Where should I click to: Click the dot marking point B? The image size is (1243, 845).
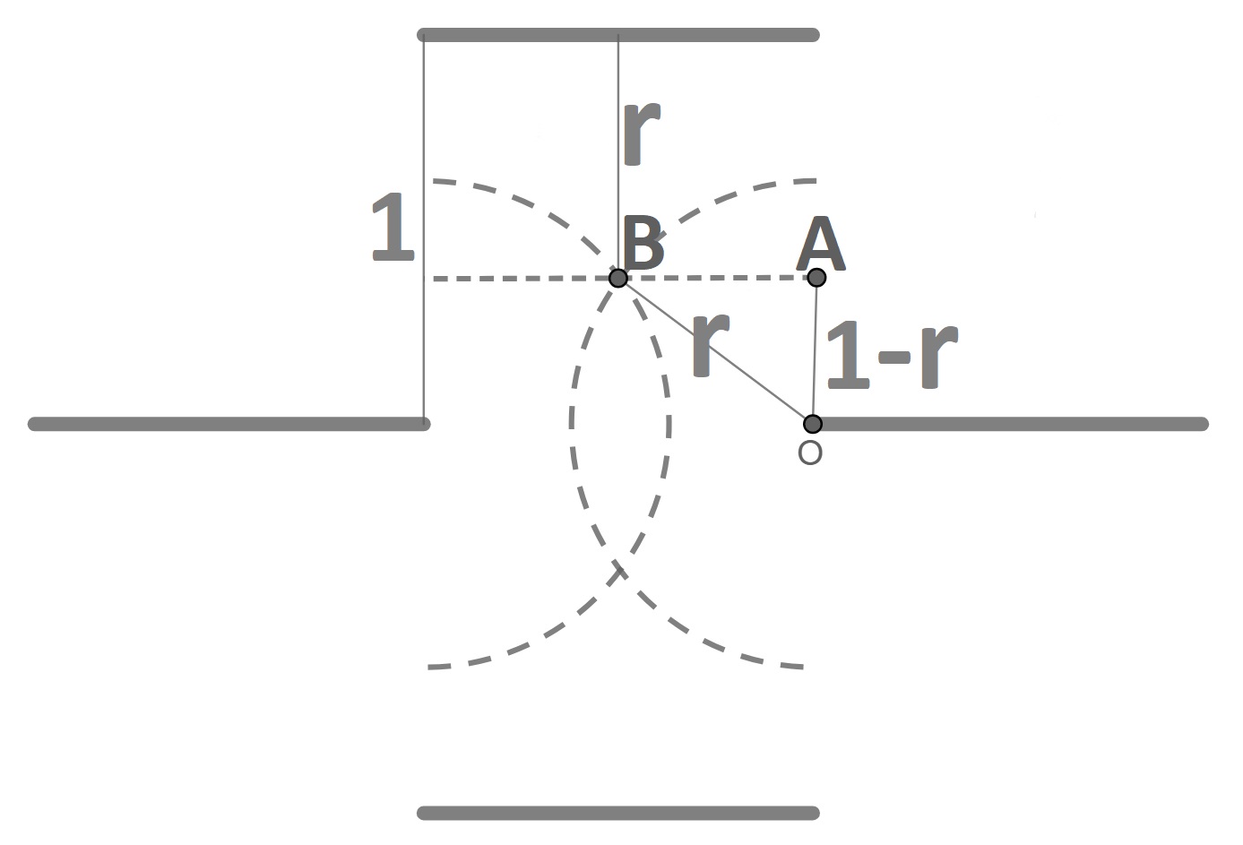(617, 278)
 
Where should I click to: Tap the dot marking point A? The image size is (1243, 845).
(816, 277)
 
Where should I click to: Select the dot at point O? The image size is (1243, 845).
(812, 423)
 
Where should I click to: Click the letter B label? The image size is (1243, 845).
(643, 244)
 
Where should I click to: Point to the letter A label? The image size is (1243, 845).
(820, 246)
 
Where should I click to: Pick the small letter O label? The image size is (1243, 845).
(809, 453)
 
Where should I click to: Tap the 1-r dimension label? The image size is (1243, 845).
(891, 356)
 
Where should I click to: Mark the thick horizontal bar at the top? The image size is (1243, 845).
(618, 35)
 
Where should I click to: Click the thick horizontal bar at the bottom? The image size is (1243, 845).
(618, 813)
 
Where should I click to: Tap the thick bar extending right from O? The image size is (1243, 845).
(1013, 424)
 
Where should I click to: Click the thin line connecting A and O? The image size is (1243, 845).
(815, 349)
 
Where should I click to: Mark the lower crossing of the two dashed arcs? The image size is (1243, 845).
(617, 570)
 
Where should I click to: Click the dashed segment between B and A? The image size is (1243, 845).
(717, 278)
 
